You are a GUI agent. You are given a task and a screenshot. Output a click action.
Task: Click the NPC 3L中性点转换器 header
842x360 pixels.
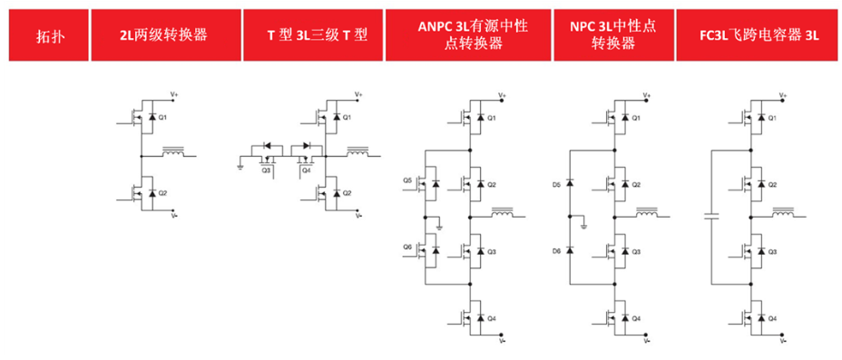(x=613, y=36)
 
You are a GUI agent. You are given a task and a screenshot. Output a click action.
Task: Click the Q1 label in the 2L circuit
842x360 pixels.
(x=164, y=119)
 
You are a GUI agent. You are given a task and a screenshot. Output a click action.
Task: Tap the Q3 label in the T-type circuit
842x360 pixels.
(x=267, y=170)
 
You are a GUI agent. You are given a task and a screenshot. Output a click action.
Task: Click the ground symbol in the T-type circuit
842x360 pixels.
(x=240, y=166)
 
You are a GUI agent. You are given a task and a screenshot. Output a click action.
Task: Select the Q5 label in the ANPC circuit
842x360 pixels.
(x=407, y=181)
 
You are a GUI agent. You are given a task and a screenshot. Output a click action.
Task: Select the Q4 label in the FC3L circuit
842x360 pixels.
(x=772, y=318)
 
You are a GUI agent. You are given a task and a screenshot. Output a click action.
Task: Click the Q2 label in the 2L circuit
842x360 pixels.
(x=164, y=193)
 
